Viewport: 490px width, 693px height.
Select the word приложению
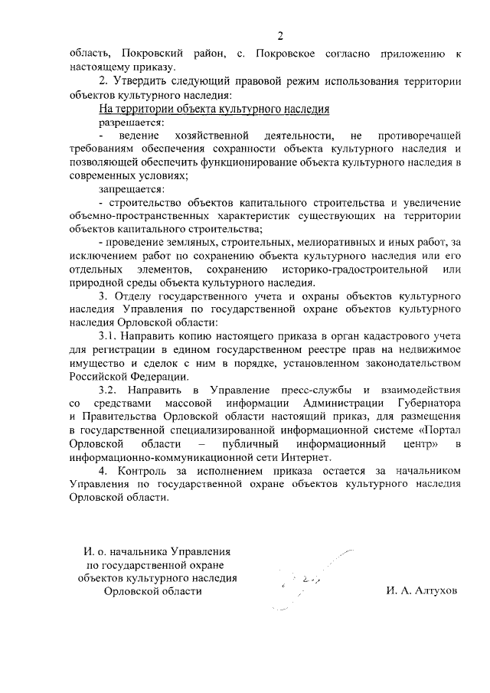(x=410, y=53)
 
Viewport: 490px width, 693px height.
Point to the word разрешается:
(x=131, y=122)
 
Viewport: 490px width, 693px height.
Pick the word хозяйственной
(x=206, y=136)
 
